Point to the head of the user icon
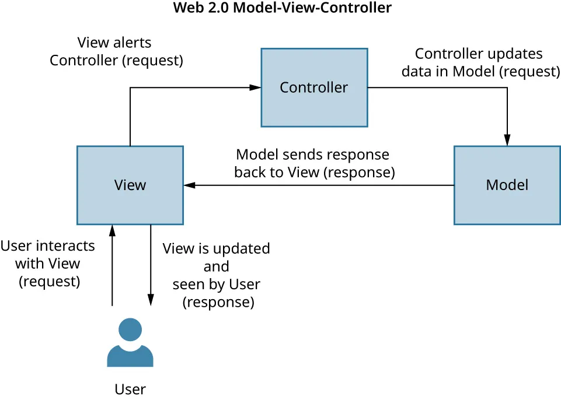click(x=130, y=329)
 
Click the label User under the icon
click(x=130, y=389)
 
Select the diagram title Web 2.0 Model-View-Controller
click(x=283, y=8)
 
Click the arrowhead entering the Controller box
click(x=255, y=87)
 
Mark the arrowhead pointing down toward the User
click(x=151, y=300)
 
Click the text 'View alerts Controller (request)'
click(x=116, y=51)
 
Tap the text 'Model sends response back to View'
click(x=314, y=163)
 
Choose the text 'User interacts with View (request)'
click(x=48, y=263)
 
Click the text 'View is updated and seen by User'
click(x=217, y=275)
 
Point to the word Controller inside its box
click(x=314, y=87)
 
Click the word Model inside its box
click(x=507, y=185)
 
